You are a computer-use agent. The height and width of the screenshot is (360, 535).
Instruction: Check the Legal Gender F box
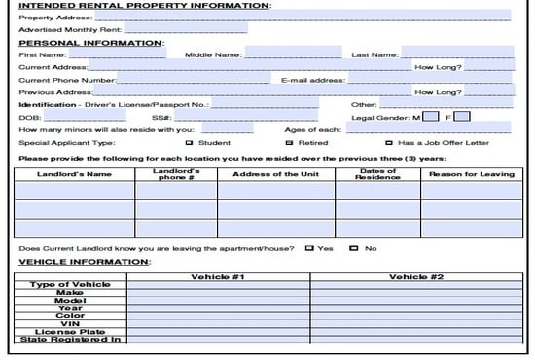pyautogui.click(x=462, y=116)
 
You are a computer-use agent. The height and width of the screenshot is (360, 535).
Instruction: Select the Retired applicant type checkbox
pyautogui.click(x=289, y=142)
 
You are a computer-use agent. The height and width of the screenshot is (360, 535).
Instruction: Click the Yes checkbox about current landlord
pyautogui.click(x=309, y=248)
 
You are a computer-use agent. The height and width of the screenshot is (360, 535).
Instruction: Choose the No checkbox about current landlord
pyautogui.click(x=354, y=248)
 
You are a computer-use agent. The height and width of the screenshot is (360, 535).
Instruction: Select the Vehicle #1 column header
pyautogui.click(x=221, y=277)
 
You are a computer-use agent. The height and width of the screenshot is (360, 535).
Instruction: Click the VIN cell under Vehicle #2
pyautogui.click(x=415, y=323)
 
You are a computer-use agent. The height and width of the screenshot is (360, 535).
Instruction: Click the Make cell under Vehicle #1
pyautogui.click(x=221, y=292)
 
